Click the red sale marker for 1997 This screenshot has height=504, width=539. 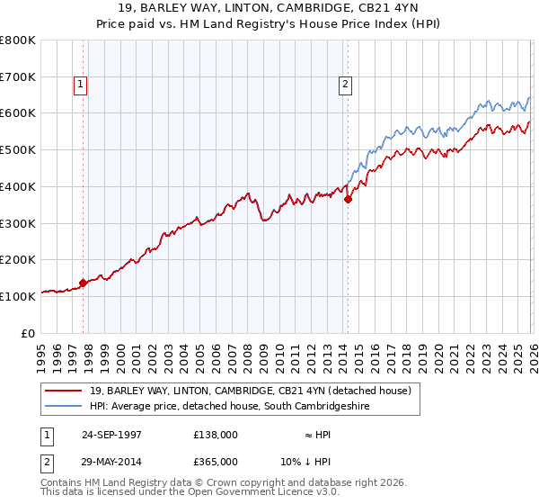pos(84,282)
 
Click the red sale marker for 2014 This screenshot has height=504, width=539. pos(349,200)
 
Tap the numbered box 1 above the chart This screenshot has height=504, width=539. pos(80,85)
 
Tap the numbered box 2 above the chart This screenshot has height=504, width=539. pos(345,85)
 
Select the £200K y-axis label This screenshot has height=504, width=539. pos(18,259)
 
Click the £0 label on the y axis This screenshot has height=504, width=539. pos(29,332)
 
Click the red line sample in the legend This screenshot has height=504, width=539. pos(65,391)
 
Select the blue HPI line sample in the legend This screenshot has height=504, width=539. pos(65,407)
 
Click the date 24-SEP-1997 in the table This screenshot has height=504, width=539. pos(111,434)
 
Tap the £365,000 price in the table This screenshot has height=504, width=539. pos(215,461)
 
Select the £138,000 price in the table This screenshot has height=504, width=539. pos(215,434)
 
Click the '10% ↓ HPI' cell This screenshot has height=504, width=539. pos(317,461)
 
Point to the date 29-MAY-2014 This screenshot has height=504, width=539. pos(111,461)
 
